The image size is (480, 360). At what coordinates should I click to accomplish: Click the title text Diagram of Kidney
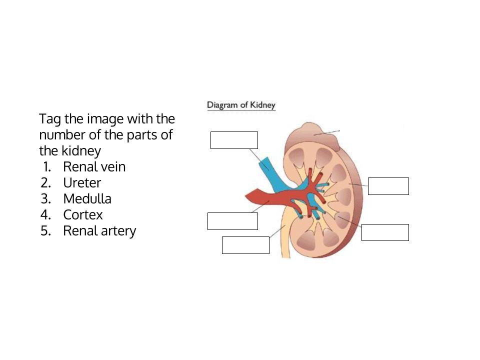(241, 105)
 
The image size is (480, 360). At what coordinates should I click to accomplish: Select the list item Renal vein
(94, 167)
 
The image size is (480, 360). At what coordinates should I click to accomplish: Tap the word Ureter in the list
(82, 183)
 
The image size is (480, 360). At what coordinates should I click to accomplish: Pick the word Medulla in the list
(87, 198)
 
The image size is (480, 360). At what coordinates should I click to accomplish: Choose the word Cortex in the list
(83, 214)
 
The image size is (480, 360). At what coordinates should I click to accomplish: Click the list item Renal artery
(99, 231)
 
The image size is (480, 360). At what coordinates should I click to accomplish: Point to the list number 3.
(45, 198)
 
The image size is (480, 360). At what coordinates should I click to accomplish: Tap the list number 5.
(45, 231)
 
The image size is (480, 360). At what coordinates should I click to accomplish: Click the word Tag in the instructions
(50, 119)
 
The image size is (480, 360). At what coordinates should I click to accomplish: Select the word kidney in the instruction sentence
(81, 151)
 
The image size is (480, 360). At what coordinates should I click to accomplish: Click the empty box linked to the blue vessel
(234, 140)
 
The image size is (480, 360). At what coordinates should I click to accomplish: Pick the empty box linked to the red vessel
(232, 221)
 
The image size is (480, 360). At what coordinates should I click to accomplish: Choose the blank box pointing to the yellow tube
(245, 245)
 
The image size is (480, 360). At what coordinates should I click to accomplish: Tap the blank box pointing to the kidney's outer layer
(388, 186)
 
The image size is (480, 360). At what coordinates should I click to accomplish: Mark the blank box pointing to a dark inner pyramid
(385, 232)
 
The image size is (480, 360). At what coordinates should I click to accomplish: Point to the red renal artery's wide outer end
(254, 196)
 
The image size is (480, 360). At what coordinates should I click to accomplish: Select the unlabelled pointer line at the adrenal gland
(326, 132)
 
